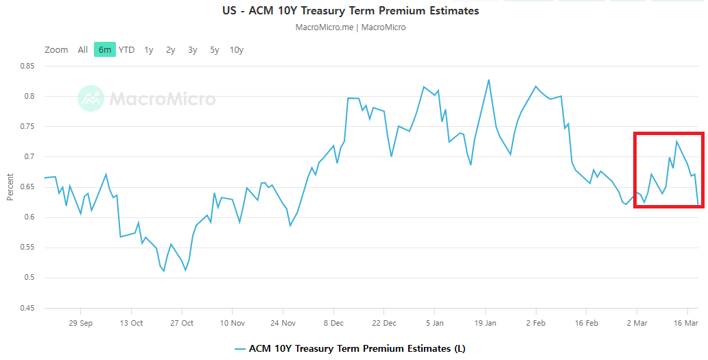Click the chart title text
coord(351,11)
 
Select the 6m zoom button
coord(105,49)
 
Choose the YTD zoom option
coord(126,49)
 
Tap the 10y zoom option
coord(236,49)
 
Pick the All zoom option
coord(82,49)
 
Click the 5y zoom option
coord(215,49)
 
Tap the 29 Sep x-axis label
coord(81,323)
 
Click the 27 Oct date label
coord(182,323)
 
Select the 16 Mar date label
coord(687,323)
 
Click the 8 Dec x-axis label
coord(333,323)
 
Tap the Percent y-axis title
coord(10,187)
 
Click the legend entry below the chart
coord(350,348)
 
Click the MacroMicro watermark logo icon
coord(91,99)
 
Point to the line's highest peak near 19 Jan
coord(489,80)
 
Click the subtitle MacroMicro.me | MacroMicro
coord(351,27)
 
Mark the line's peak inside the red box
coord(676,141)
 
